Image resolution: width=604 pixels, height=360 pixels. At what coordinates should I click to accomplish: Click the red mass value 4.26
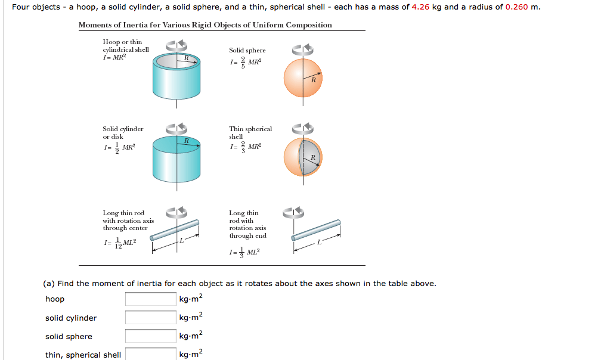pos(420,7)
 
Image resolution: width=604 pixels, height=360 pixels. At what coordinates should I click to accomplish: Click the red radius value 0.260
pos(516,7)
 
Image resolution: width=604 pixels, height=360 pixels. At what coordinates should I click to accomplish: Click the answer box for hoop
pos(150,299)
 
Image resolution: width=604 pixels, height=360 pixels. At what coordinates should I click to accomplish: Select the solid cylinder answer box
pos(150,318)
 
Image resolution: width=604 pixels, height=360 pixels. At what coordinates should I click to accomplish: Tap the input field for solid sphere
pos(150,336)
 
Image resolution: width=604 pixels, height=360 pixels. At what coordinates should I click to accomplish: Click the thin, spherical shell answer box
pos(150,354)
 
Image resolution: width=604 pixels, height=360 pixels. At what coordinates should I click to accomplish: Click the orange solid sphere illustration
pos(303,79)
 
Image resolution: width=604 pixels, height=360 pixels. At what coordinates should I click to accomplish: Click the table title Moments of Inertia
pos(205,25)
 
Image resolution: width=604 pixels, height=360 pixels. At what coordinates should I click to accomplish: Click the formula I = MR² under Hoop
pos(114,57)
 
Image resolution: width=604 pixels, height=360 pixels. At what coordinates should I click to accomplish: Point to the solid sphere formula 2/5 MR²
pos(245,63)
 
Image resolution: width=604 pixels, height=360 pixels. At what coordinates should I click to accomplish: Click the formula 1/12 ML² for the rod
pos(120,243)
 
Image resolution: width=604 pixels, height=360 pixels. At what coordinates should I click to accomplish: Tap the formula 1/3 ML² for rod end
pos(244,252)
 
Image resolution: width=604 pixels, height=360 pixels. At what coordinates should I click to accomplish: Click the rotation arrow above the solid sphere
pos(302,49)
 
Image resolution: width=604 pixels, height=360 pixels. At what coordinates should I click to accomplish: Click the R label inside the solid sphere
pos(312,79)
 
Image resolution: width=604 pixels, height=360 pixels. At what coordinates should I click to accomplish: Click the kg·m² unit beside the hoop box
pos(191,299)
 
